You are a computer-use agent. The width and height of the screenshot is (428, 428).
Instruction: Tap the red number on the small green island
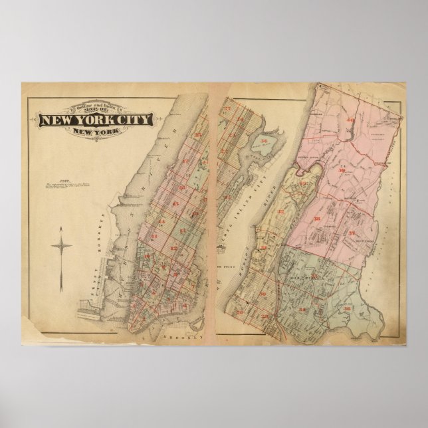[265, 141]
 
